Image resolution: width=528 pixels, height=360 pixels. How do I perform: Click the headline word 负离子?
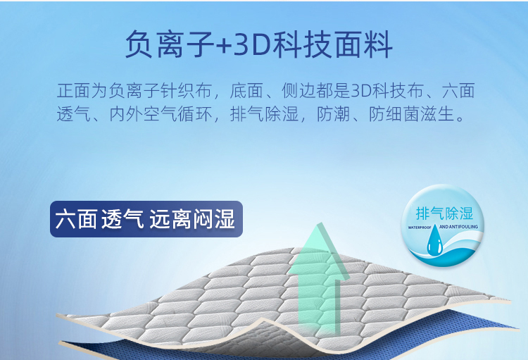click(x=170, y=44)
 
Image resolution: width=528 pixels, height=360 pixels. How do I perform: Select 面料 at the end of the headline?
click(x=363, y=44)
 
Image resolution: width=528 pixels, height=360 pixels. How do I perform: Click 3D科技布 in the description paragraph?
click(x=387, y=90)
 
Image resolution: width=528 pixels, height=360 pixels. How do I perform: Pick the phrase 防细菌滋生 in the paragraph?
click(x=412, y=114)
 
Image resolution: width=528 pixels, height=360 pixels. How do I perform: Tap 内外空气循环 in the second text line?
click(x=161, y=114)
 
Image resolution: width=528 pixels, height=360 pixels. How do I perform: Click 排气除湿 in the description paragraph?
click(x=264, y=114)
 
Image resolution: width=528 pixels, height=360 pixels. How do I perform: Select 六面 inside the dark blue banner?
click(x=77, y=219)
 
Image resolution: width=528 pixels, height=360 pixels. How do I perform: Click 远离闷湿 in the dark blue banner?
click(x=192, y=219)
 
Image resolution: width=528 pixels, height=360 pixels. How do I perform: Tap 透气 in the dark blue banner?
click(x=122, y=219)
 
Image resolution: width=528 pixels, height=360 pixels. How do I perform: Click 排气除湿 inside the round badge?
click(x=444, y=213)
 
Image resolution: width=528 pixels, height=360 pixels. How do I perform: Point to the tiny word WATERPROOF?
click(x=420, y=228)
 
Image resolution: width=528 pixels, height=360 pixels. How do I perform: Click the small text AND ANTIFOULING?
click(x=458, y=227)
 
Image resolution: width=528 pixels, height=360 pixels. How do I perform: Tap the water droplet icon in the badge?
click(x=435, y=241)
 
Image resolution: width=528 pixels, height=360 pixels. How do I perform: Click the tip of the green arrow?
click(x=321, y=223)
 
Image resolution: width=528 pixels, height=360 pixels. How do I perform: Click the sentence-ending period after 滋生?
click(x=460, y=118)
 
